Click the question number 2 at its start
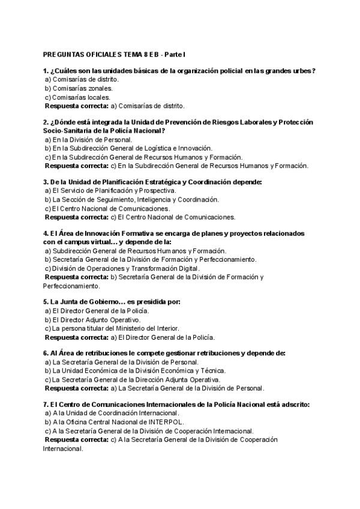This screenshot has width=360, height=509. [46, 122]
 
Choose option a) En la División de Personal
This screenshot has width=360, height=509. [88, 139]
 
